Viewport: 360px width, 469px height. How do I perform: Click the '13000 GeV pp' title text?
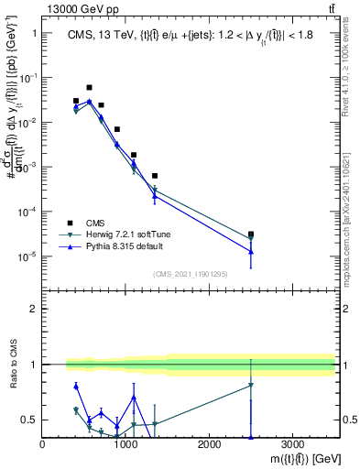click(75, 9)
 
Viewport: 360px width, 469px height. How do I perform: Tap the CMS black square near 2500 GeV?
click(251, 234)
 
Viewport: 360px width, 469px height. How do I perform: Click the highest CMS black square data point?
click(89, 88)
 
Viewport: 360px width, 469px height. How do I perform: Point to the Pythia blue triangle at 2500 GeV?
click(251, 251)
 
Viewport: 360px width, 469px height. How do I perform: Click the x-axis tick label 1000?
click(126, 444)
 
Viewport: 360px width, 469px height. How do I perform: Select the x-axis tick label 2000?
click(210, 444)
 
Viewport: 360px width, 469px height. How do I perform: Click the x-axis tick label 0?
click(43, 444)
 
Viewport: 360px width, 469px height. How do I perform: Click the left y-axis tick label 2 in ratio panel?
click(33, 309)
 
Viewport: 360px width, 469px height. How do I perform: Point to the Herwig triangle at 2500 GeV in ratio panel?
click(251, 385)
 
